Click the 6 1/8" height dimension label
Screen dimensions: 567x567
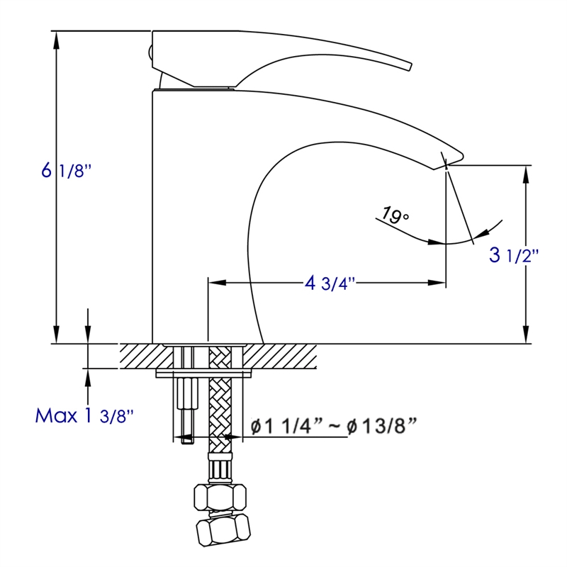coord(67,171)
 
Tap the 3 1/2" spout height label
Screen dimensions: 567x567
coord(514,255)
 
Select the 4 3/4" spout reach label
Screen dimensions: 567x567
coord(330,283)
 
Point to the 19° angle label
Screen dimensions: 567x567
coord(395,213)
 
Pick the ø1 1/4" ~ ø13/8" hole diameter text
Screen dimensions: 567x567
coord(333,426)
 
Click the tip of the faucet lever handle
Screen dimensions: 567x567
coord(408,66)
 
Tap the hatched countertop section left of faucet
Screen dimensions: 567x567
coord(138,356)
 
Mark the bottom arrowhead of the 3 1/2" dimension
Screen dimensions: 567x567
coord(526,337)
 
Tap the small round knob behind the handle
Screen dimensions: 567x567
coord(150,51)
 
